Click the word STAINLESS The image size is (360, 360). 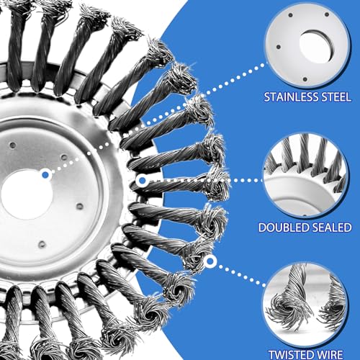291,97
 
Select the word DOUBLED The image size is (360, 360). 283,228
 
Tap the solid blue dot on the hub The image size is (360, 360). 45,174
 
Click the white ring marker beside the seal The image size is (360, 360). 142,180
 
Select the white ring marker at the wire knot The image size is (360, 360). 210,261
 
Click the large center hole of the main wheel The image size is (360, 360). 27,194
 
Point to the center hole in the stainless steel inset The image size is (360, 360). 316,47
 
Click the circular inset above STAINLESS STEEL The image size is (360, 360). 307,45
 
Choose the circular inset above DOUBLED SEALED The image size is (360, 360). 306,175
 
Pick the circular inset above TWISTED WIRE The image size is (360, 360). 305,305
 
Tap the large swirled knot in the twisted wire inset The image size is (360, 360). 290,308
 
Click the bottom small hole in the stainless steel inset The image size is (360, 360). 305,78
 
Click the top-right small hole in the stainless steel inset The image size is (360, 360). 327,14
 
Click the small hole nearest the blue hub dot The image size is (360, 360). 64,158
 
